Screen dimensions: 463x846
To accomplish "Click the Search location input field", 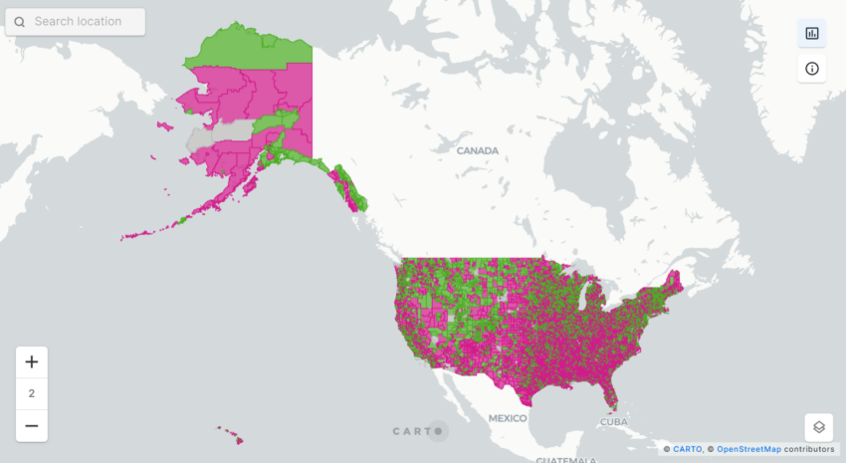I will [85, 21].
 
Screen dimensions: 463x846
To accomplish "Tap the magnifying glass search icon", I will [20, 21].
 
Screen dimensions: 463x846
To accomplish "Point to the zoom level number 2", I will [31, 393].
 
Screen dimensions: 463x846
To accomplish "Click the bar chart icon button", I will [811, 33].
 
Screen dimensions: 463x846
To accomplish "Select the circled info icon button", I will [811, 69].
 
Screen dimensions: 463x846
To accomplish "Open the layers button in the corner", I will [818, 427].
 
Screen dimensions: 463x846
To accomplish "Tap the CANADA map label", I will [477, 151].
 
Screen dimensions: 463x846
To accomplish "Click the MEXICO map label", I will [508, 418].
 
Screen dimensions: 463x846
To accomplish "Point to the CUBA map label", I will [615, 421].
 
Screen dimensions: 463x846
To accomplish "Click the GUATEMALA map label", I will [566, 460].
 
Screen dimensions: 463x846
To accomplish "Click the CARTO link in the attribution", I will [687, 450].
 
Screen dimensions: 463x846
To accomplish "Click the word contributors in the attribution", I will [809, 450].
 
